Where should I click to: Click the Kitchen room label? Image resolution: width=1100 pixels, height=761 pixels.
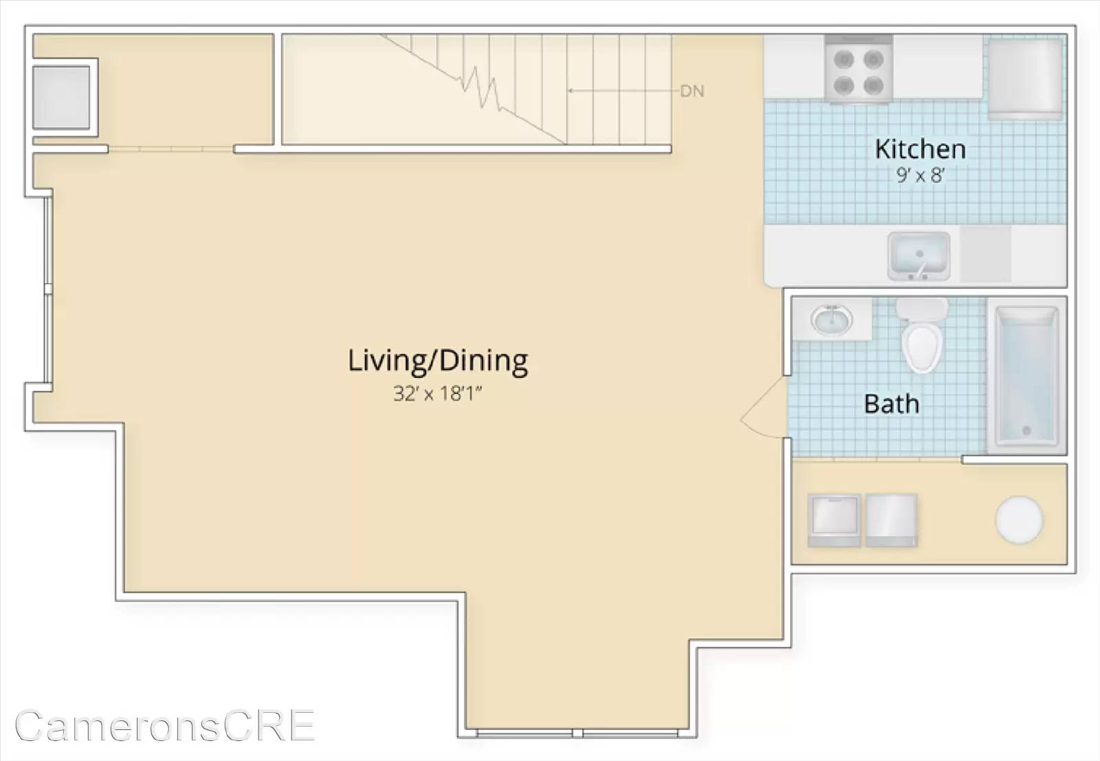921,148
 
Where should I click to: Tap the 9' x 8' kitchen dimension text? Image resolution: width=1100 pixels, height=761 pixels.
921,175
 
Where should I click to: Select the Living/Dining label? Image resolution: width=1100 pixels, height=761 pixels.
437,361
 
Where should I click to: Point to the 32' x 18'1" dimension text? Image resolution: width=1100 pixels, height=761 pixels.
437,393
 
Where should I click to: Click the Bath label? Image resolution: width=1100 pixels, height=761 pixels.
891,404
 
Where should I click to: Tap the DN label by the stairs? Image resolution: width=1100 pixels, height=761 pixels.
692,91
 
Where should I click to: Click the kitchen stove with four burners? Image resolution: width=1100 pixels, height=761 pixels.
859,69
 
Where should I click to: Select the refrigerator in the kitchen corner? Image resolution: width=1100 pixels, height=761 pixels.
1025,78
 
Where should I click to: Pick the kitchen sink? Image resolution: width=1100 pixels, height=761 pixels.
918,256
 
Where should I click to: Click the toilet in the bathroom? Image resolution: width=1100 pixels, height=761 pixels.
922,335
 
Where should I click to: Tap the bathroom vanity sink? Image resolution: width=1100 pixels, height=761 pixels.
831,320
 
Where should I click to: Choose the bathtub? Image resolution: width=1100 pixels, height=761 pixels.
1026,375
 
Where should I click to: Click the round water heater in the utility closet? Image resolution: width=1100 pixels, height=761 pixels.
1019,520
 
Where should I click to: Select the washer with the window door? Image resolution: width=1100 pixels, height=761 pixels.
834,520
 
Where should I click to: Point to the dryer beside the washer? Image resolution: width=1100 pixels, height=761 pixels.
891,520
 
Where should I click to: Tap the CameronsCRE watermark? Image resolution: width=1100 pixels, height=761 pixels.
165,725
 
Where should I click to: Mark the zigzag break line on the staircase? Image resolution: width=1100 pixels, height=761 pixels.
481,89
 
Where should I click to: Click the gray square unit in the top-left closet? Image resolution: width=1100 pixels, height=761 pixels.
61,97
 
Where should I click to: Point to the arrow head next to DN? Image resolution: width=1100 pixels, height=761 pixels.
570,91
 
